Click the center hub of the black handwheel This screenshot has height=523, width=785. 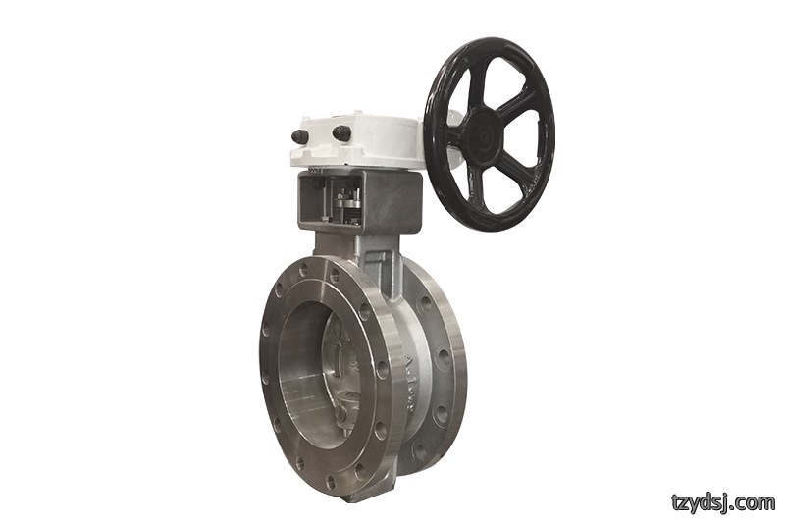pos(484,134)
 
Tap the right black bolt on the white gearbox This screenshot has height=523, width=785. pos(340,132)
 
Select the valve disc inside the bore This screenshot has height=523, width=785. pos(344,369)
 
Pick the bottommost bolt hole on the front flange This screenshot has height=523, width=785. pos(331,481)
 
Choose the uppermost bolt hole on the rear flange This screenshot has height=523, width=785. pos(426,303)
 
